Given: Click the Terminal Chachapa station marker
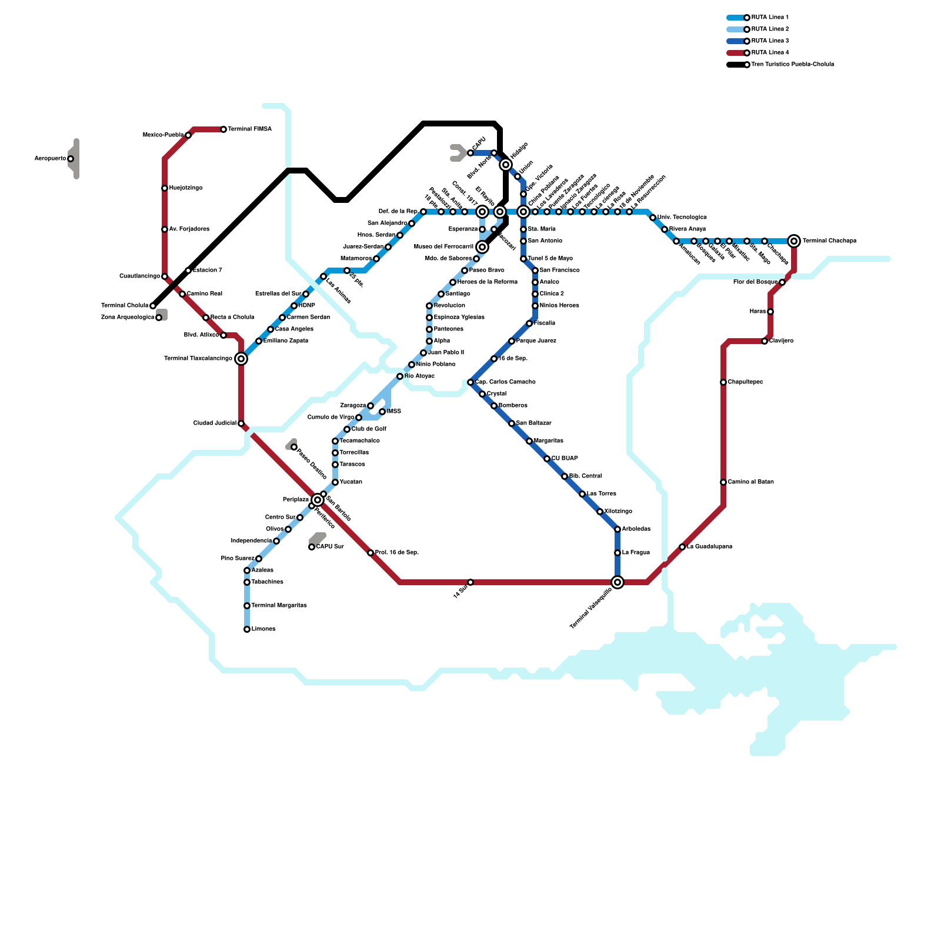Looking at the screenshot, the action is point(794,241).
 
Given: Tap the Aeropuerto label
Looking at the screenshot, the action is point(50,159).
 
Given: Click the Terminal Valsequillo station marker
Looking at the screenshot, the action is point(618,582).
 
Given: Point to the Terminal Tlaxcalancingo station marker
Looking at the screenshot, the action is point(241,359).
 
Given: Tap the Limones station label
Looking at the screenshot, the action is point(263,629).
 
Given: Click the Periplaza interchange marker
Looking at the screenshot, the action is point(318,500).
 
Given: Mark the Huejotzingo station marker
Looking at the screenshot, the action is point(165,188).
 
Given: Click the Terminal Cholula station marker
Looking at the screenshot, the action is point(153,306).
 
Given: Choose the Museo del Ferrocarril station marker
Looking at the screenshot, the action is point(482,247).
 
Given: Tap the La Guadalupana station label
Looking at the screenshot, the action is point(709,547).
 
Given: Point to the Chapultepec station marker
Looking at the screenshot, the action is point(723,382).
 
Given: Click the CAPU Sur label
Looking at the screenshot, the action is point(330,547).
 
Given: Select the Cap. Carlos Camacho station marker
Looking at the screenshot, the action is point(470,382).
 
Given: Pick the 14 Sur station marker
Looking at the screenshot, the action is point(470,582).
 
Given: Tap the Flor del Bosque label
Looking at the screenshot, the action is point(755,282).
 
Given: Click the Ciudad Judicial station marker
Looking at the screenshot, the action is point(241,423).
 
